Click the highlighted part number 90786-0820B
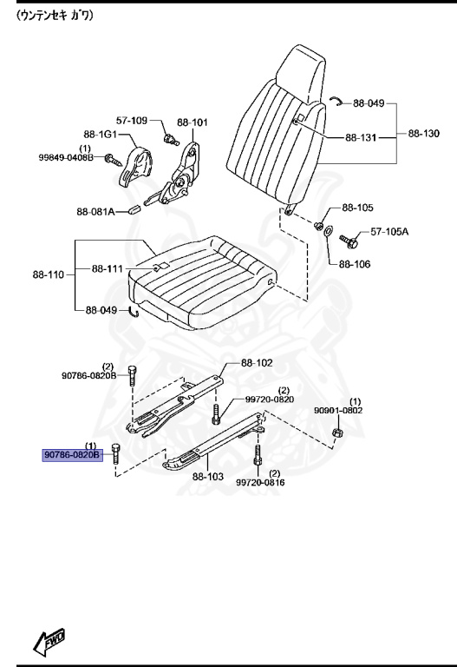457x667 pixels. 73,454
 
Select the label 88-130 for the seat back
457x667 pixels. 424,135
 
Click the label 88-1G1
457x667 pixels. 101,135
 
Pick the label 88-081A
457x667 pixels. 95,211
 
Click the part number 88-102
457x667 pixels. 257,363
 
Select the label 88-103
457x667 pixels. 208,476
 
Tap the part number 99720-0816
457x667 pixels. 259,482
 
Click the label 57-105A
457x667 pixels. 389,232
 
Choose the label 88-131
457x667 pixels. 362,138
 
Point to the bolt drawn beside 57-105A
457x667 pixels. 349,239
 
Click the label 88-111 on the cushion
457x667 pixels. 109,269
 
